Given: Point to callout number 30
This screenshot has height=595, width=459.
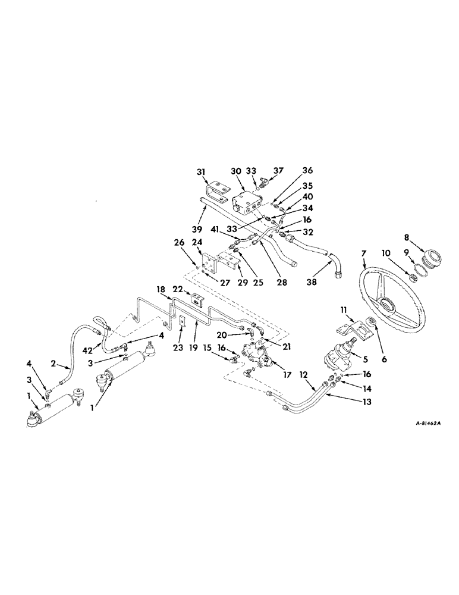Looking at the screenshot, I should pos(236,171).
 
